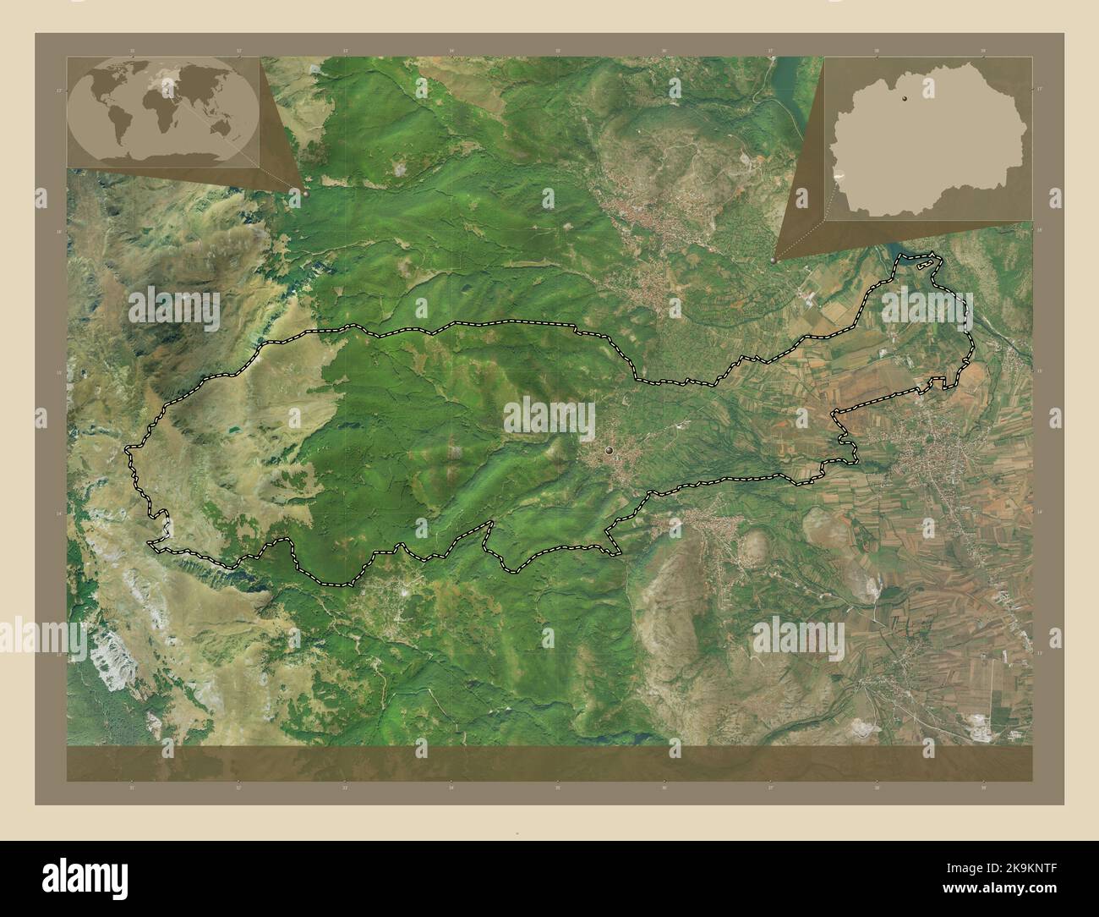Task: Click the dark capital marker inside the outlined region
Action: click(x=609, y=450)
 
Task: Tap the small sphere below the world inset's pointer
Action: click(x=305, y=193)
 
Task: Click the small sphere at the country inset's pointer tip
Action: click(x=774, y=261)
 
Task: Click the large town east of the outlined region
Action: click(x=930, y=461)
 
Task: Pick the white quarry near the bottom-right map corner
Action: click(x=981, y=723)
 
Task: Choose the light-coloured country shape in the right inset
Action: click(x=930, y=144)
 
